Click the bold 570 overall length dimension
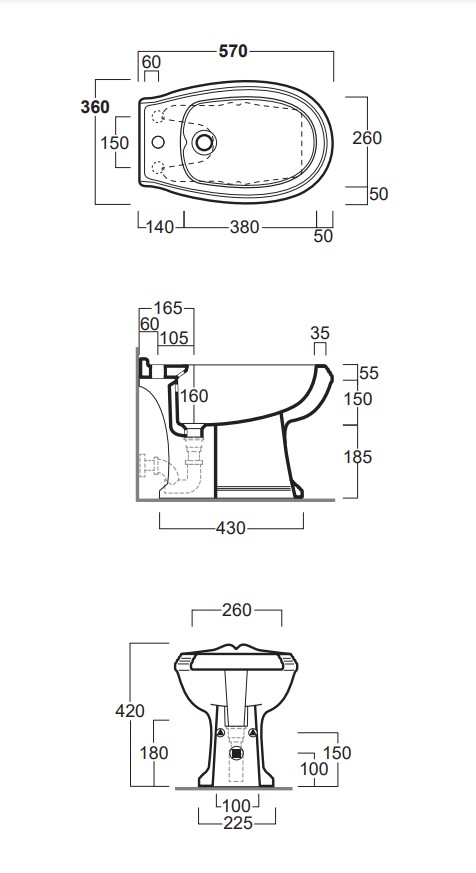point(233,51)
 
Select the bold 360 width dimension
point(95,106)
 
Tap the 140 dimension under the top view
point(160,227)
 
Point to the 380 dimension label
point(245,227)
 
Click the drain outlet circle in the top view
point(204,143)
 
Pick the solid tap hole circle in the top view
point(158,143)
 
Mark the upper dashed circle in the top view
point(158,116)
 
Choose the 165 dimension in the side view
point(168,308)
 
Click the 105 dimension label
point(174,338)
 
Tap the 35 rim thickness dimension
point(320,333)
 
